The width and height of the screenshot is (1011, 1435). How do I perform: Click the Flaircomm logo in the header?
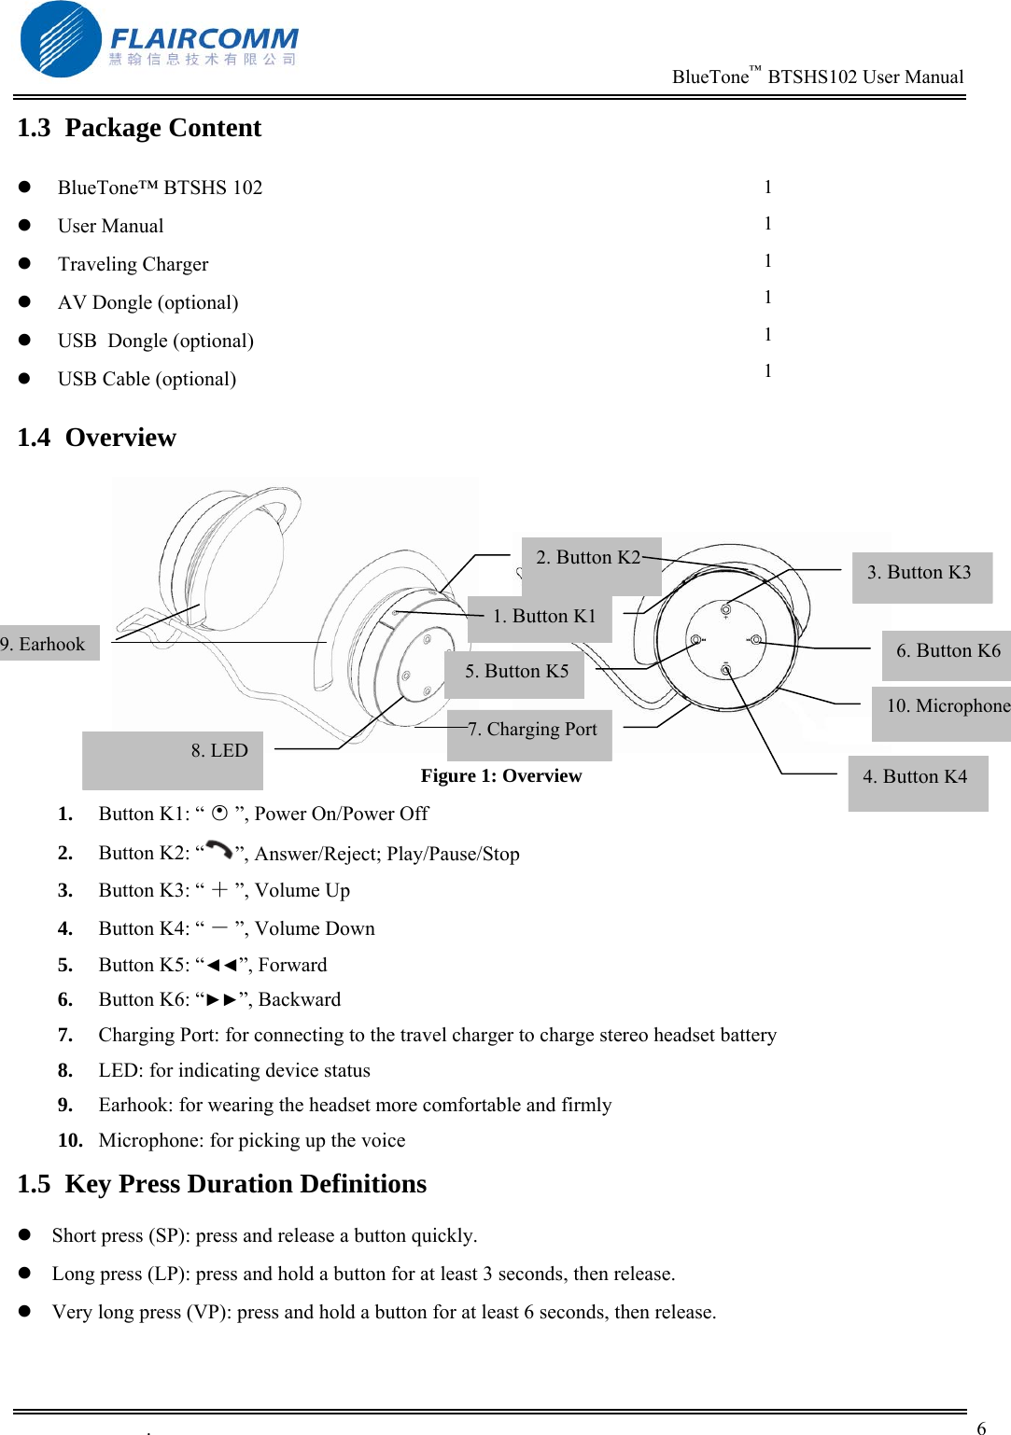(x=159, y=39)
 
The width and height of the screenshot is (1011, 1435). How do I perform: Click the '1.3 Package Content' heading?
(x=139, y=128)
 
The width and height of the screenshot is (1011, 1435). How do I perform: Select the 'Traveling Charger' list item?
(x=133, y=264)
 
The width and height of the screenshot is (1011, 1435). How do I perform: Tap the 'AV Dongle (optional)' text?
(x=147, y=302)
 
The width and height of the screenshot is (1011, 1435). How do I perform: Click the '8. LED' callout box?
(x=174, y=759)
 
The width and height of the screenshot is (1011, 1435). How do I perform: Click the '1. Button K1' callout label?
(x=541, y=618)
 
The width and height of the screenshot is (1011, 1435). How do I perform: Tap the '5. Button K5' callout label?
(x=515, y=673)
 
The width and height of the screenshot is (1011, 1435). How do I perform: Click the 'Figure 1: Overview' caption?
(x=500, y=776)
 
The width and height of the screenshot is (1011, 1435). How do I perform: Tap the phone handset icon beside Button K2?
(x=219, y=850)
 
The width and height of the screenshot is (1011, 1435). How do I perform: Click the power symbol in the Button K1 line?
(x=219, y=813)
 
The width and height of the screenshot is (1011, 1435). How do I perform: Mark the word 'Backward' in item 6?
(x=300, y=999)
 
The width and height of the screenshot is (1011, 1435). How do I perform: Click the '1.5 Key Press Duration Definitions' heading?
(x=221, y=1184)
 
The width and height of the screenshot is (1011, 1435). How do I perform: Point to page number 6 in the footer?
(x=981, y=1428)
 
